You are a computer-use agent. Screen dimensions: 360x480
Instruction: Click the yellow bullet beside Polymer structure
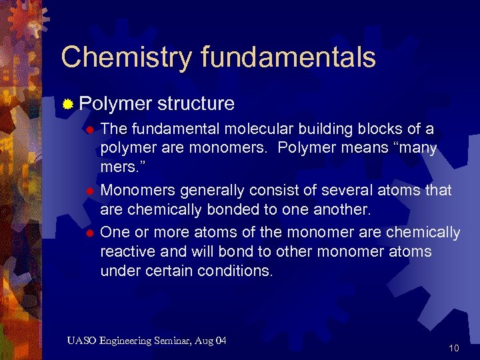pyautogui.click(x=67, y=104)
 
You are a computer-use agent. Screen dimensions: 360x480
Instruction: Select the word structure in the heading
pyautogui.click(x=195, y=103)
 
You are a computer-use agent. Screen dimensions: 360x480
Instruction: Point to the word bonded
pyautogui.click(x=217, y=210)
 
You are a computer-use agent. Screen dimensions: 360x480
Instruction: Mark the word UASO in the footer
pyautogui.click(x=81, y=341)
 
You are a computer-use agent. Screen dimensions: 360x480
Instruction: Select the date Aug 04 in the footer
pyautogui.click(x=212, y=341)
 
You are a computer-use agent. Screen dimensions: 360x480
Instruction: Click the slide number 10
pyautogui.click(x=454, y=348)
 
